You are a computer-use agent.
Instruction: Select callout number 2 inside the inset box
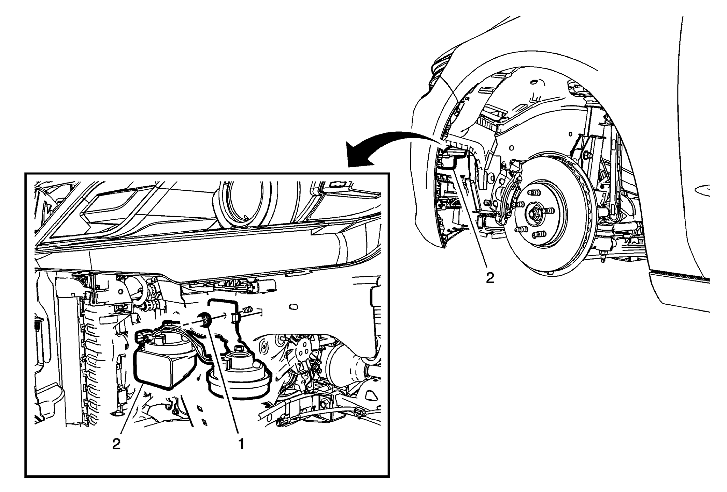[x=116, y=444]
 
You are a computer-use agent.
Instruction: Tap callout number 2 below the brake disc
[x=490, y=278]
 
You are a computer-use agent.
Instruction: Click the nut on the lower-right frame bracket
[x=323, y=404]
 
